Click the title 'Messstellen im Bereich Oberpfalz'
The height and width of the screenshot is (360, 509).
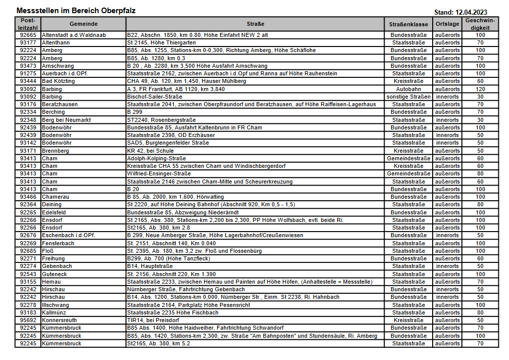(76, 11)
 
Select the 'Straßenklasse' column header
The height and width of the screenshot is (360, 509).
(408, 24)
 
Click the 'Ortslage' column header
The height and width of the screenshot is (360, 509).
(447, 24)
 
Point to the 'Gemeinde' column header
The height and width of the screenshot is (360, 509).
(83, 24)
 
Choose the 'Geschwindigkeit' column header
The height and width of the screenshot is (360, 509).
(480, 24)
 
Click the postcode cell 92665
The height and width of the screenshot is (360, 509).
(28, 35)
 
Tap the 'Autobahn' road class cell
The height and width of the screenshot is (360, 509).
(408, 89)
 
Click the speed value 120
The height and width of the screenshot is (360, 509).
(480, 89)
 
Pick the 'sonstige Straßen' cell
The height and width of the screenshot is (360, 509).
(408, 97)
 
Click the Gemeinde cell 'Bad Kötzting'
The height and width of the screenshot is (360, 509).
(58, 81)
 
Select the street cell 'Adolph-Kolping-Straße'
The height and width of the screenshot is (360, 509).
(156, 158)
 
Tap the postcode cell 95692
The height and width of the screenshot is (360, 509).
(28, 320)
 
